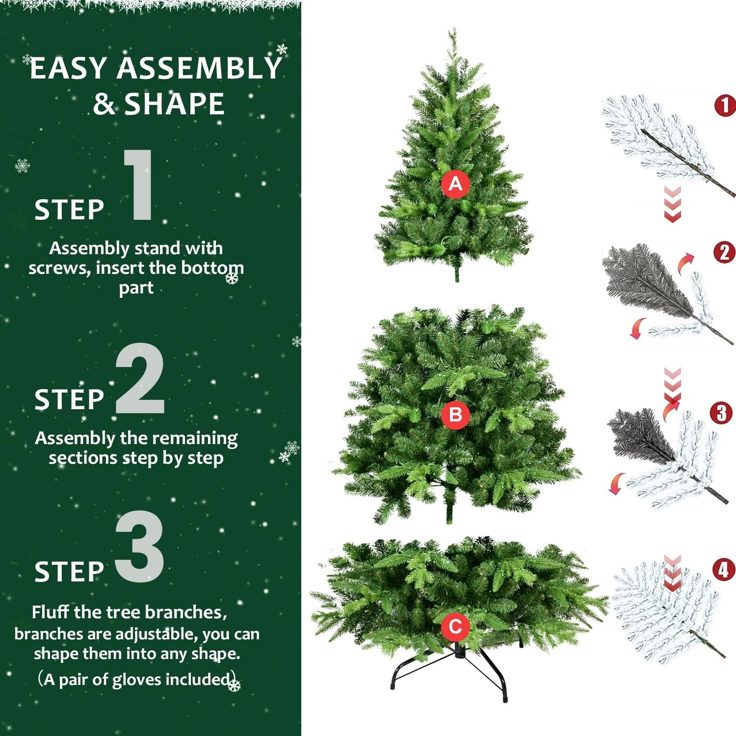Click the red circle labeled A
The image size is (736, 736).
pos(455,184)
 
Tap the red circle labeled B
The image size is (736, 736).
pos(455,415)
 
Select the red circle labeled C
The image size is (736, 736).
pos(455,627)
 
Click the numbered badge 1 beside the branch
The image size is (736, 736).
pos(725,105)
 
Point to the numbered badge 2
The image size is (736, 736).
pos(724,253)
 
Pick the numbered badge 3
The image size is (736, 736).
pos(721,413)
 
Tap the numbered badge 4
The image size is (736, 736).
pos(724,570)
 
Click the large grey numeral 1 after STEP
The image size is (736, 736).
pos(139,185)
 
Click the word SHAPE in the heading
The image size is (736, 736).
pos(174,104)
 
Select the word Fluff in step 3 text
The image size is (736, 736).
pos(51,612)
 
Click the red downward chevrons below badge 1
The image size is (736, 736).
pos(672,205)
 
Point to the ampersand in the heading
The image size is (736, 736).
pos(104,104)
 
